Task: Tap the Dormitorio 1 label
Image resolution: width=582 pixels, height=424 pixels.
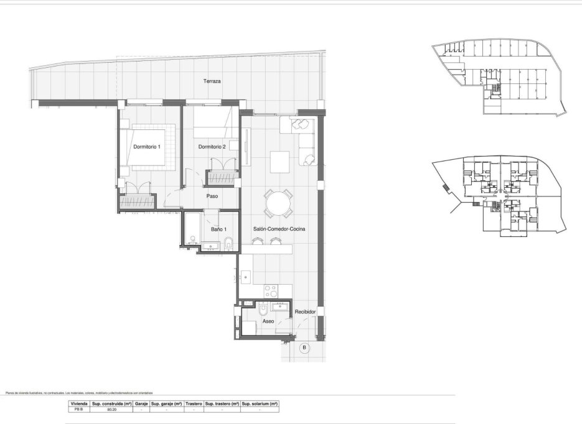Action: pos(147,147)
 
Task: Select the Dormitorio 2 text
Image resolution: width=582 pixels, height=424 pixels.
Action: pos(212,147)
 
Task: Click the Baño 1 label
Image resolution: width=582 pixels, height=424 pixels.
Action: pos(217,230)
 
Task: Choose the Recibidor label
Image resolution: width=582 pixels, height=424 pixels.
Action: pos(306,311)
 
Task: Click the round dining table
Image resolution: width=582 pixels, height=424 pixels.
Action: pos(278,203)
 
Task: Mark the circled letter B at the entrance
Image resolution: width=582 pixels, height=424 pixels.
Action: pos(304,348)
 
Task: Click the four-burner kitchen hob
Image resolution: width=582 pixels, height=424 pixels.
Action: pos(271,289)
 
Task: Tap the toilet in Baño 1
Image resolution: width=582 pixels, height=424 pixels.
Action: pos(229,242)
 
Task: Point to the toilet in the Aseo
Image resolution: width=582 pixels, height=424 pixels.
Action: pos(263,308)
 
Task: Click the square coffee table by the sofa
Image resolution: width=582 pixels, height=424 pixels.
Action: pos(279,161)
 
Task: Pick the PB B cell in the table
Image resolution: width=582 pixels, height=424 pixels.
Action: pos(78,410)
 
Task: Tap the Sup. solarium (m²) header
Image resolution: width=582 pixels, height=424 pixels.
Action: pos(260,403)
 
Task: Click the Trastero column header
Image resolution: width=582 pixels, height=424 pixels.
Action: pos(194,403)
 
